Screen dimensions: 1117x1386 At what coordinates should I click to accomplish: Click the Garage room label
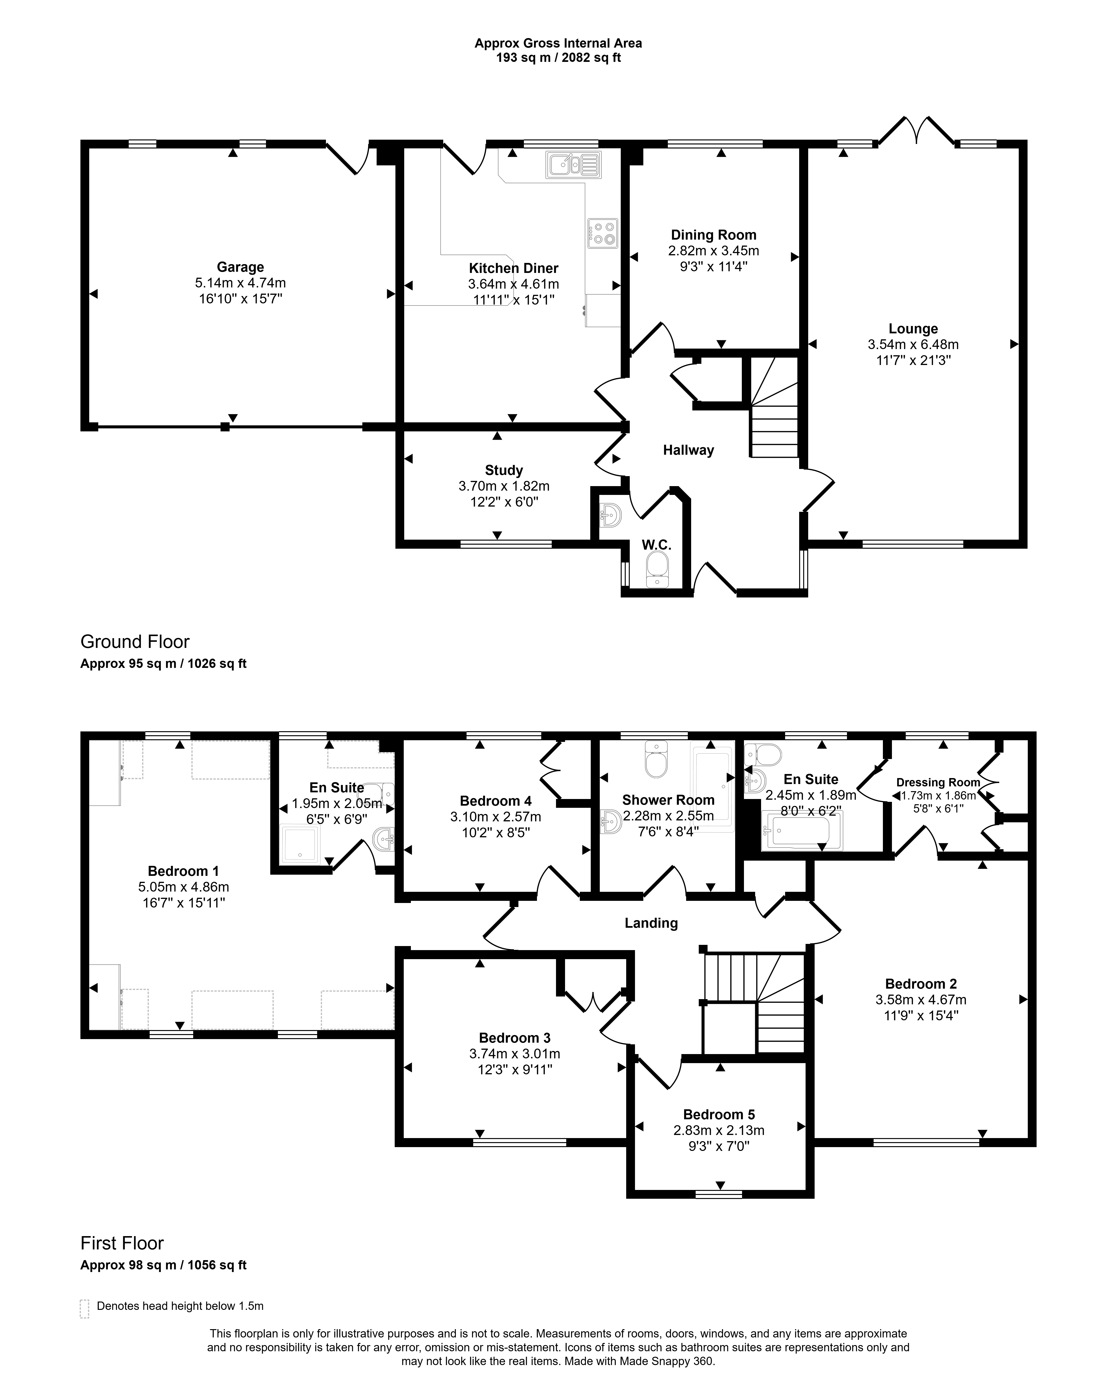click(x=240, y=267)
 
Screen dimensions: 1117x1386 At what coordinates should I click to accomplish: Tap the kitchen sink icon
click(x=573, y=164)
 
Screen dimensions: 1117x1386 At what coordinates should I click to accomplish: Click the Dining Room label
click(x=714, y=235)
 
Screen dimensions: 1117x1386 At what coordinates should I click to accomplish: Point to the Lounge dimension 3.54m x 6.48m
click(x=913, y=344)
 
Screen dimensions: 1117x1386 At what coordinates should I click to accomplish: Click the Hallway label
click(x=689, y=450)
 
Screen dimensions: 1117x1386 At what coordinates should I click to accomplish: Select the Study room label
click(x=504, y=470)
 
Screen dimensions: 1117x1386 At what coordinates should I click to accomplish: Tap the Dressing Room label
click(x=938, y=782)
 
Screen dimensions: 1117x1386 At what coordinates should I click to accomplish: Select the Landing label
click(x=651, y=923)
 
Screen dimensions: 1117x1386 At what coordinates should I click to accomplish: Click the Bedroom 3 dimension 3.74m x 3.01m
click(x=515, y=1054)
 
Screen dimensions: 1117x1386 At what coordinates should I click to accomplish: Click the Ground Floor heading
click(x=135, y=641)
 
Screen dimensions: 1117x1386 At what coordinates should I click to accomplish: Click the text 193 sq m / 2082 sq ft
click(x=559, y=58)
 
